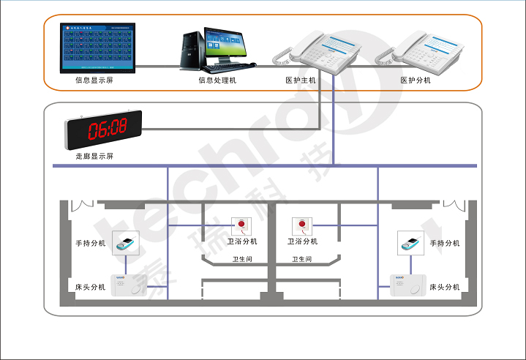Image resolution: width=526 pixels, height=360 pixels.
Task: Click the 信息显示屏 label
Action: (94, 80)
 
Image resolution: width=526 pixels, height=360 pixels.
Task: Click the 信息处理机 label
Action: (217, 80)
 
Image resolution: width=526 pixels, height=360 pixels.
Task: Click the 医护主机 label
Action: (301, 80)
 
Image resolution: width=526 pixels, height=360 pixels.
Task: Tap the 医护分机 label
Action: (416, 80)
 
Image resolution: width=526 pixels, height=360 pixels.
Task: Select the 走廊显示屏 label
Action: (94, 157)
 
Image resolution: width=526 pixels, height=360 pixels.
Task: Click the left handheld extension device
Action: (126, 244)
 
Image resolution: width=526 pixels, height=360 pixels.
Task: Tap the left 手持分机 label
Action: (91, 244)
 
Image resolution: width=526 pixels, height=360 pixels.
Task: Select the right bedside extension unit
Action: (406, 287)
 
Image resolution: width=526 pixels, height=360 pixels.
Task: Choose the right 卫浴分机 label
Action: (302, 241)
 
